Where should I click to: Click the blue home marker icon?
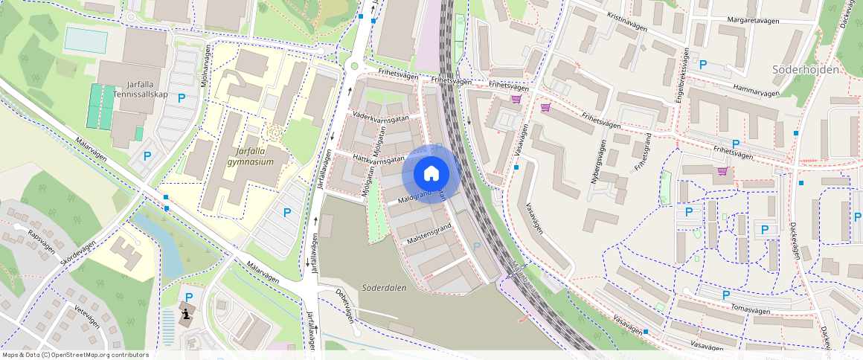click(x=431, y=173)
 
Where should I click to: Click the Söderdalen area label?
click(x=385, y=287)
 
